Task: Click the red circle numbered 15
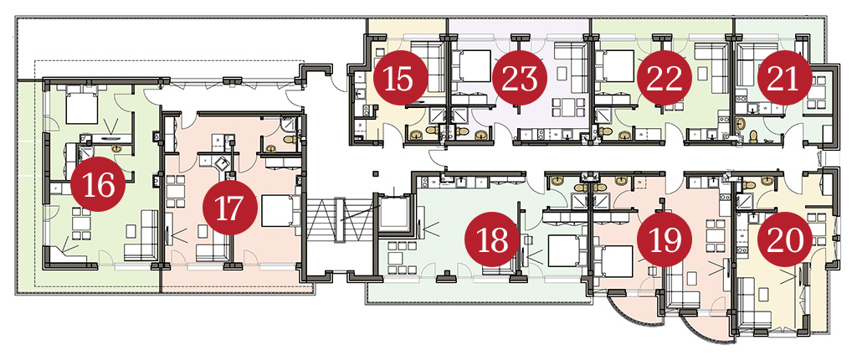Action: [x=401, y=78]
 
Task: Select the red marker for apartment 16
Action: [x=99, y=185]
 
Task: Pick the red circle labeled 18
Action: [x=492, y=239]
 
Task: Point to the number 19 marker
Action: [x=665, y=239]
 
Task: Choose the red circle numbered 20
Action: [x=785, y=239]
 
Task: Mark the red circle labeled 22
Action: [x=665, y=78]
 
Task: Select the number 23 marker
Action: [x=520, y=78]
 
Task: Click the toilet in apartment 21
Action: [x=753, y=135]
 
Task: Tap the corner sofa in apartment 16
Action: [x=141, y=236]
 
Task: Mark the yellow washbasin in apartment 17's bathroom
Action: [x=271, y=147]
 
